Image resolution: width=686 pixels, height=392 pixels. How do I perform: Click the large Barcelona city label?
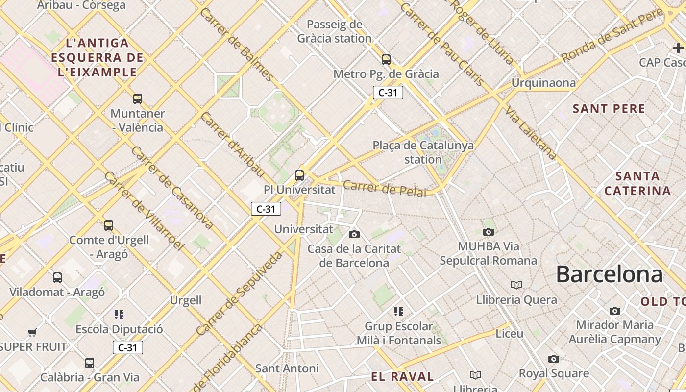click(x=609, y=274)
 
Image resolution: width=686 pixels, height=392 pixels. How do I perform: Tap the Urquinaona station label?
click(x=543, y=83)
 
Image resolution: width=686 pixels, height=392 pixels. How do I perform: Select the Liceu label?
click(x=510, y=333)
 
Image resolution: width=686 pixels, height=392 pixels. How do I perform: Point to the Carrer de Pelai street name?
click(x=385, y=189)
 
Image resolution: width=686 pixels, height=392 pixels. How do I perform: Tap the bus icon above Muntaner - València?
click(x=138, y=99)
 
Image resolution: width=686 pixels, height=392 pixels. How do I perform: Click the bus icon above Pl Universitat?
click(x=299, y=175)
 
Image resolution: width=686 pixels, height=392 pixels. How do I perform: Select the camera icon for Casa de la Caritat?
click(x=354, y=234)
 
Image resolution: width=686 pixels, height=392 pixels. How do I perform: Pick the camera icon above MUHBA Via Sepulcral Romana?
click(x=488, y=232)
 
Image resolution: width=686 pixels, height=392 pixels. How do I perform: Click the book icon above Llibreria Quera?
click(x=516, y=285)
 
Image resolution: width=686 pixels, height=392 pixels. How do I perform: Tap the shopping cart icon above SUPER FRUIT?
click(x=32, y=333)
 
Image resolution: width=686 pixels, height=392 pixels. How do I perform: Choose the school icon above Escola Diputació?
click(x=119, y=314)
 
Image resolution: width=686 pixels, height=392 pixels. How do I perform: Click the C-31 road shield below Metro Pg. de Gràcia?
click(x=388, y=93)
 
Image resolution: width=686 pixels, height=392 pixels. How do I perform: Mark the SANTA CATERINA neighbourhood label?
click(x=637, y=183)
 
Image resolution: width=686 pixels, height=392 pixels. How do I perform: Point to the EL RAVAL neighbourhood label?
click(x=402, y=376)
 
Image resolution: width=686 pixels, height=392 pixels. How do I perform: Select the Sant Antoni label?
click(x=287, y=368)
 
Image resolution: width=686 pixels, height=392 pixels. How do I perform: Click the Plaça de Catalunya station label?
click(x=423, y=152)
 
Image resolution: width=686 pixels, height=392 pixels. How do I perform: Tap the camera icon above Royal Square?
click(x=554, y=359)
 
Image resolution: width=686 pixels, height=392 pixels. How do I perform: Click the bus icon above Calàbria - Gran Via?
click(x=90, y=363)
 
